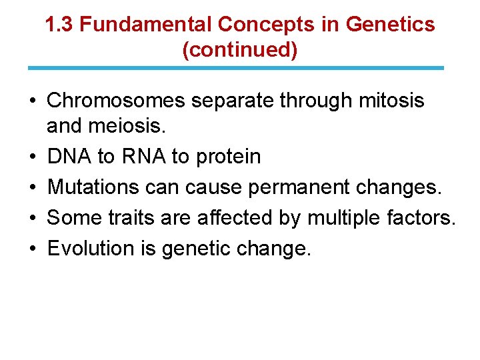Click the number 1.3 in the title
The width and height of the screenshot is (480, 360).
coord(60,25)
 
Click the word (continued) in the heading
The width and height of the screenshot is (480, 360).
coord(240,51)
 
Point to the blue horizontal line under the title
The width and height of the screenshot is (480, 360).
coord(236,68)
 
